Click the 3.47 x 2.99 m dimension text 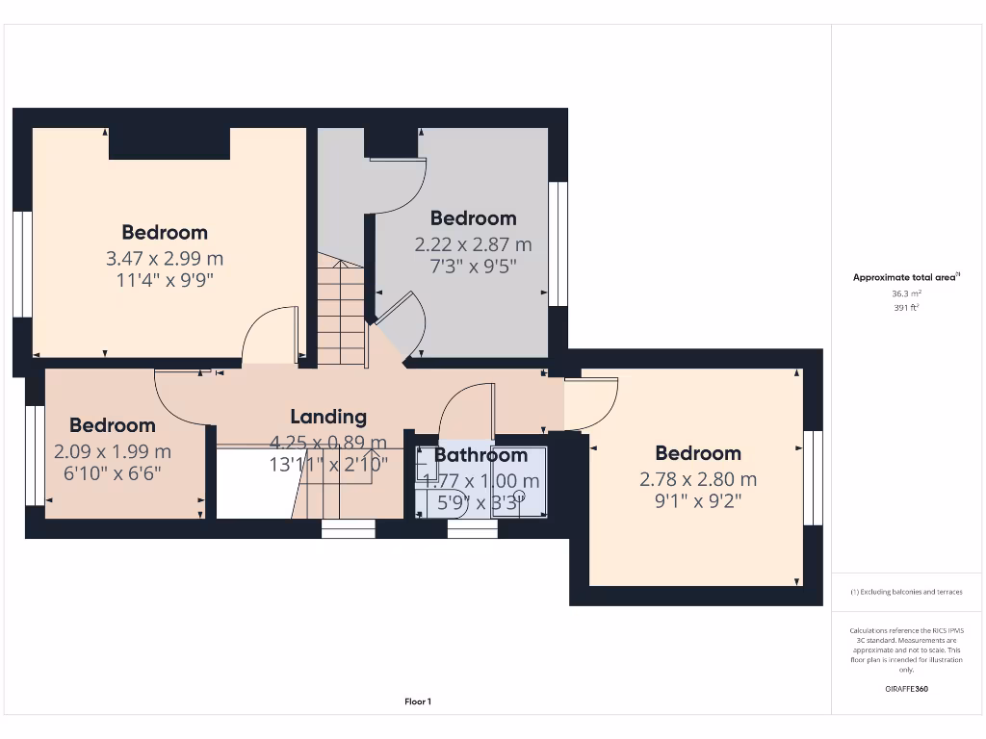164,258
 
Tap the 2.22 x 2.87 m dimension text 473,244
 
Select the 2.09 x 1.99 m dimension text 113,450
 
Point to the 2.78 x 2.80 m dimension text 698,478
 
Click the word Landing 328,417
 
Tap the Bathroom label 480,455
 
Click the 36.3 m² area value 906,293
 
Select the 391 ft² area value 906,308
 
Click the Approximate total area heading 906,277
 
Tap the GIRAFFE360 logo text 906,689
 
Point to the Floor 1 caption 418,701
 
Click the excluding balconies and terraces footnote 906,592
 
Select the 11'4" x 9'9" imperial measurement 164,281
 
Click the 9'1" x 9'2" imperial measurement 698,500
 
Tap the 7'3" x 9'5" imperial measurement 473,267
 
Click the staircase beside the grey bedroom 341,313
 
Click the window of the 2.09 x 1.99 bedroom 35,454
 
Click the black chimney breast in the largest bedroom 169,142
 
